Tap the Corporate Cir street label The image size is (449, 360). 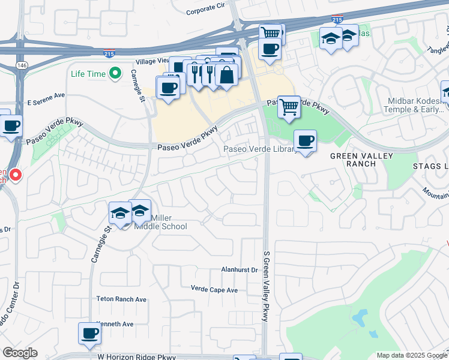point(205,11)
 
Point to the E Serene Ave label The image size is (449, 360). point(46,95)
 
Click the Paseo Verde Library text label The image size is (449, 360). point(259,149)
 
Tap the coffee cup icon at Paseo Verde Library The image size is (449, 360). point(306,141)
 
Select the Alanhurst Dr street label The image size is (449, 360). point(239,270)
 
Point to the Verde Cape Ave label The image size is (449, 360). point(214,290)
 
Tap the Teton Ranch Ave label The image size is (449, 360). point(121,299)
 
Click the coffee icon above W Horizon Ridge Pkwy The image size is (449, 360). point(90,333)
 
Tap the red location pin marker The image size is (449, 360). point(15,175)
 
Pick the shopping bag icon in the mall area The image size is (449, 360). point(226,75)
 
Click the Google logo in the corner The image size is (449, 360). point(20,353)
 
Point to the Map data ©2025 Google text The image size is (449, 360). point(411,355)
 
